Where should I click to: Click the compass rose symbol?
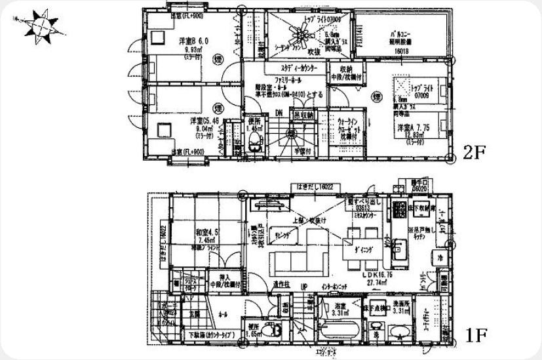click(41, 26)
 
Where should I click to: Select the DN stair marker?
click(279, 113)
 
